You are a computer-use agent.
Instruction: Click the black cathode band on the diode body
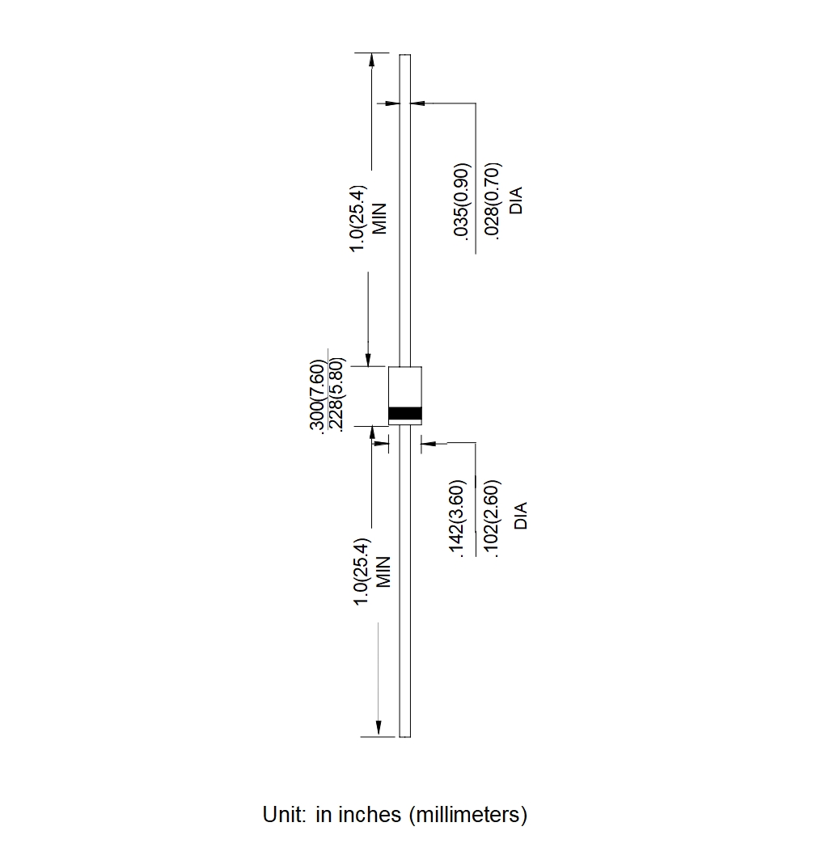coord(405,414)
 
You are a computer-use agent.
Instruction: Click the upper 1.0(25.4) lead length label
coord(358,218)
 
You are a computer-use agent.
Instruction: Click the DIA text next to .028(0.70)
coord(517,200)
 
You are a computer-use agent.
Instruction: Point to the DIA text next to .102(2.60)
coord(521,516)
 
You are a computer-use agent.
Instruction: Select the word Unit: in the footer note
coord(284,815)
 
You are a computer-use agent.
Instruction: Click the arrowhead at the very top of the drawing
coord(371,59)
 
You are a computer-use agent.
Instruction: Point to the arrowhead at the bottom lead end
coord(378,730)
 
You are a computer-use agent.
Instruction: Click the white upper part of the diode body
coord(405,386)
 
